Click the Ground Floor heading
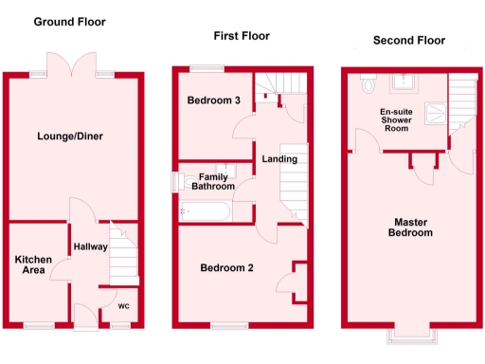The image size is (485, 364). (69, 21)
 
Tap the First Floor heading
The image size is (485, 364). (241, 36)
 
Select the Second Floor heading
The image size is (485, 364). (408, 41)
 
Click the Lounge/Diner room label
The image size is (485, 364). (71, 136)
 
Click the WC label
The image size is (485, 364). (123, 306)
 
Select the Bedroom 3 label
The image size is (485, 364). (211, 100)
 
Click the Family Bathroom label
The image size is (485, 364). (212, 181)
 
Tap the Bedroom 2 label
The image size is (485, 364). (226, 268)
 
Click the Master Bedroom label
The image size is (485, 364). (413, 227)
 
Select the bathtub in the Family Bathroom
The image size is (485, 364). (206, 211)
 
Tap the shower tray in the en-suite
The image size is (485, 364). (431, 114)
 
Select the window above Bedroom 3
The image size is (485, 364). (205, 67)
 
